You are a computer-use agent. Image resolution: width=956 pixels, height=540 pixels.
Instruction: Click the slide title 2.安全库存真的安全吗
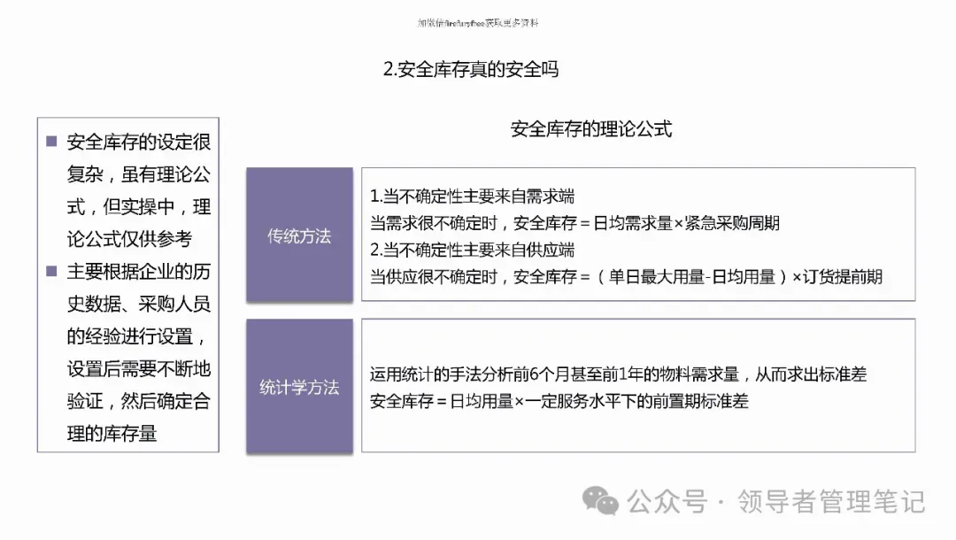470,69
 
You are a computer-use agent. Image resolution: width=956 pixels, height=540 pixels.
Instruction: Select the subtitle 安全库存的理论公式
591,129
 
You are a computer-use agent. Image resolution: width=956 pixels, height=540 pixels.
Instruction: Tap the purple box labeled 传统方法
299,236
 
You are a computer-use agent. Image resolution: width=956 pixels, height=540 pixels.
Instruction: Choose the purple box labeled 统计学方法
299,388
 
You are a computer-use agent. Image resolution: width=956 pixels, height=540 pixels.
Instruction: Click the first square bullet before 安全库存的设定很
51,142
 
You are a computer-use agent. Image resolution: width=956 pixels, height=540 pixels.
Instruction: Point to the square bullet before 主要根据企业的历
51,271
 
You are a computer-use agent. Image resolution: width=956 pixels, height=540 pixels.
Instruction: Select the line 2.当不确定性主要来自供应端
472,250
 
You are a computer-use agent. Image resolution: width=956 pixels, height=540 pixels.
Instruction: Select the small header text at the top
477,23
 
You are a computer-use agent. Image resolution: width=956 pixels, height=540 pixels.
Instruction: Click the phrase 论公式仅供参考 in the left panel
129,239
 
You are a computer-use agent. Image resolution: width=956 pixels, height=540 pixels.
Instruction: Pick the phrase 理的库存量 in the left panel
112,434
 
